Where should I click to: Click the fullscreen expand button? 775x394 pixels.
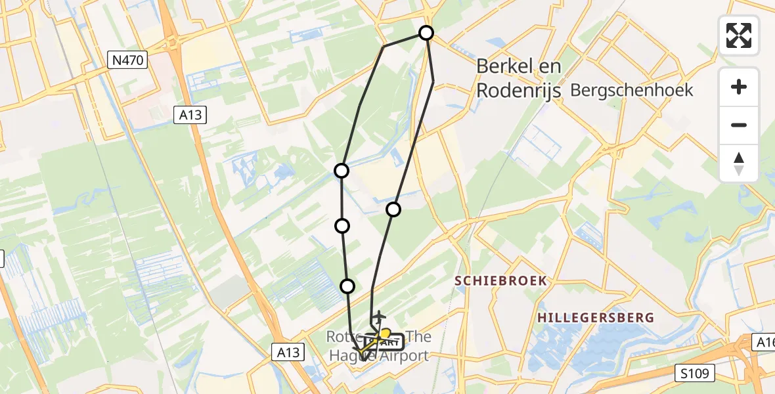(739, 35)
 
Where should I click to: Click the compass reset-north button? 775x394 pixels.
(739, 164)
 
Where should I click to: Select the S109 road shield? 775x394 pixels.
(696, 374)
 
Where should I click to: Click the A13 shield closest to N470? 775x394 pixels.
(191, 116)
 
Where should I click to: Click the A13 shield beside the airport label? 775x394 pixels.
(288, 353)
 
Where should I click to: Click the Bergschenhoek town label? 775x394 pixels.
(632, 90)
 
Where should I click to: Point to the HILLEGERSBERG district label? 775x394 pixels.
(596, 318)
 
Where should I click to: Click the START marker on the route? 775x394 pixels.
(389, 341)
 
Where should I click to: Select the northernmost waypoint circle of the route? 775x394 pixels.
(426, 32)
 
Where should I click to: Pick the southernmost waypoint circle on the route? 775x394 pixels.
(347, 286)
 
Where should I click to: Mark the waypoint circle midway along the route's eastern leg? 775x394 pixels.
(393, 209)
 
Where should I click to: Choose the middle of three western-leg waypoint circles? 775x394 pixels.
(342, 226)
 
